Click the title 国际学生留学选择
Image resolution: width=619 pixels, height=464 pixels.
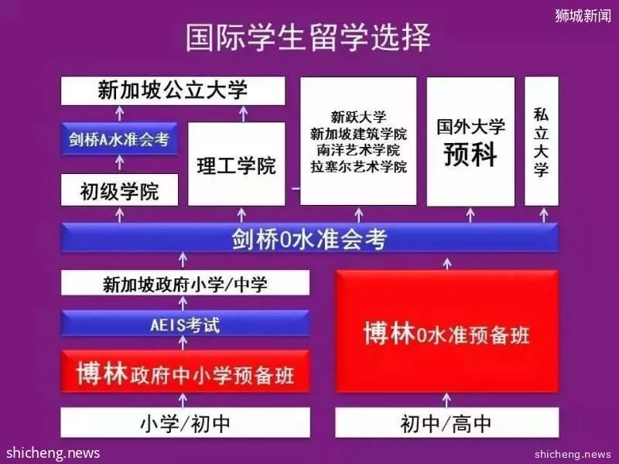(308, 37)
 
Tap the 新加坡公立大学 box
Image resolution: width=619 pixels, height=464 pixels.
(173, 90)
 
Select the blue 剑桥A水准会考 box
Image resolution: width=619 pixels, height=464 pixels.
(119, 139)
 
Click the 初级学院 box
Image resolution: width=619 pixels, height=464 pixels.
(119, 191)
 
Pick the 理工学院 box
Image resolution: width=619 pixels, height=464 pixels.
(236, 164)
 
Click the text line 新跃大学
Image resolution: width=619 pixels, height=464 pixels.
(358, 117)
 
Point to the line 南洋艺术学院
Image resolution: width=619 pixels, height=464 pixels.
(358, 150)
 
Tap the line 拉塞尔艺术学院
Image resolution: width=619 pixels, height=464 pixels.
(358, 166)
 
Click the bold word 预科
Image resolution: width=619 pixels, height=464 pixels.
(470, 154)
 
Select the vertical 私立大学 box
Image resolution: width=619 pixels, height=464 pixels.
(541, 142)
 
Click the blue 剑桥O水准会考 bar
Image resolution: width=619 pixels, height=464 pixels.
(309, 238)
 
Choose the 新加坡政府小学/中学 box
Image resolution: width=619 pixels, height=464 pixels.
(185, 283)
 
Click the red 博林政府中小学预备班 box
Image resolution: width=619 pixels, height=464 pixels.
(185, 372)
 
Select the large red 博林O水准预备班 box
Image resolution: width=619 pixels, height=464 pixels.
(446, 332)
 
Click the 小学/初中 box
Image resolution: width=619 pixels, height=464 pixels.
(185, 423)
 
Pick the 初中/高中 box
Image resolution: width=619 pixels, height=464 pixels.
(446, 423)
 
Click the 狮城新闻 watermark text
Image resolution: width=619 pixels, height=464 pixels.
(583, 15)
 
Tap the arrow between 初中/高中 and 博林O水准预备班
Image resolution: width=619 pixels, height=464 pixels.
(446, 400)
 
